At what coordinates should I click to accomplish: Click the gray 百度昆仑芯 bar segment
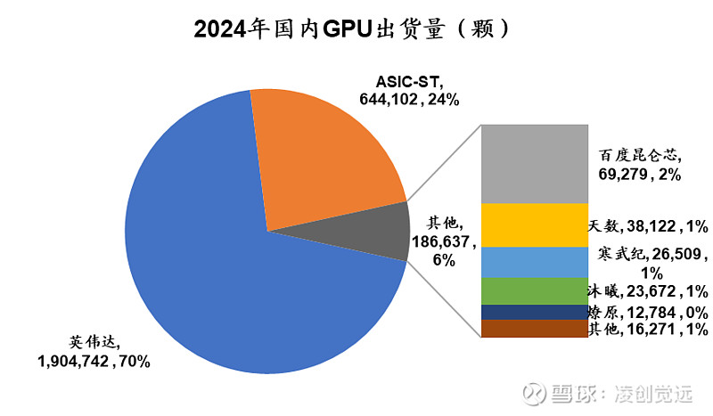(534, 164)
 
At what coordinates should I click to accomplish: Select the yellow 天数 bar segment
(534, 225)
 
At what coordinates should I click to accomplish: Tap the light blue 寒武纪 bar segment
(534, 262)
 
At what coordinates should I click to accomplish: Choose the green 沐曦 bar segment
(534, 291)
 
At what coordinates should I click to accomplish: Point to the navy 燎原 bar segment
(534, 313)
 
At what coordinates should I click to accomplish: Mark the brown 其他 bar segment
(534, 330)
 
